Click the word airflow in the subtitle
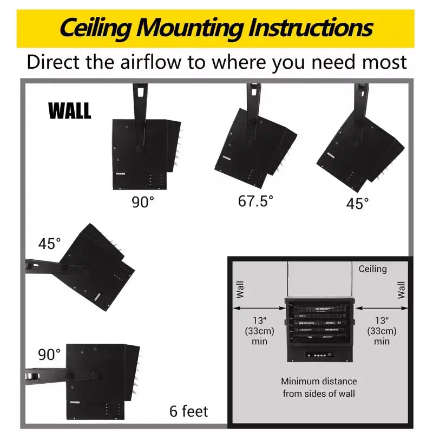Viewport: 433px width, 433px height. (x=151, y=62)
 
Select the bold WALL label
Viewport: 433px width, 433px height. (x=70, y=110)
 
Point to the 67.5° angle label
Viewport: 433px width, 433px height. (x=255, y=201)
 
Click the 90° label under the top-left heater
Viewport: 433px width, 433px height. (x=143, y=202)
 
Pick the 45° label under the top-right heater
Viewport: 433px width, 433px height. (x=357, y=204)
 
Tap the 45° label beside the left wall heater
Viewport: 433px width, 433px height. (x=49, y=244)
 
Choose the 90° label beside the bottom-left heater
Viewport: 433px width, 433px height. (x=49, y=355)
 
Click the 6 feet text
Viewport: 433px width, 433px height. (x=188, y=411)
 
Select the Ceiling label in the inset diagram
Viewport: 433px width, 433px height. (x=372, y=268)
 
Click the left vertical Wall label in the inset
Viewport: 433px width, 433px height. (x=240, y=290)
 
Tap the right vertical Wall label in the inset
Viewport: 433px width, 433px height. (x=401, y=290)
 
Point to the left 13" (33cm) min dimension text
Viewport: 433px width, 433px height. (x=259, y=331)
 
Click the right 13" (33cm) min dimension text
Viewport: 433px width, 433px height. (x=382, y=331)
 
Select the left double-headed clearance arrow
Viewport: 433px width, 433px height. (x=259, y=308)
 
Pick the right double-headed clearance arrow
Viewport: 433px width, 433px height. (x=382, y=308)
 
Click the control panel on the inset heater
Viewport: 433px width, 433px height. (x=319, y=355)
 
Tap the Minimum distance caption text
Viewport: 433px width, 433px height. (x=319, y=388)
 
